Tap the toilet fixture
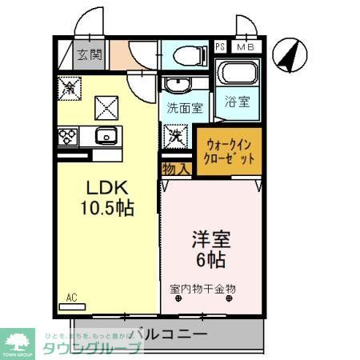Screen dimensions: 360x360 tap(184, 57)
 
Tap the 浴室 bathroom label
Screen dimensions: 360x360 tap(238, 102)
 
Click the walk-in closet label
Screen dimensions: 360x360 tap(230, 151)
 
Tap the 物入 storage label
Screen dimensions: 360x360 tap(175, 169)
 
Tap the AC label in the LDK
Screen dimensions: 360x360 tap(71, 298)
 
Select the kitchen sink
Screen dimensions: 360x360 tap(104, 134)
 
